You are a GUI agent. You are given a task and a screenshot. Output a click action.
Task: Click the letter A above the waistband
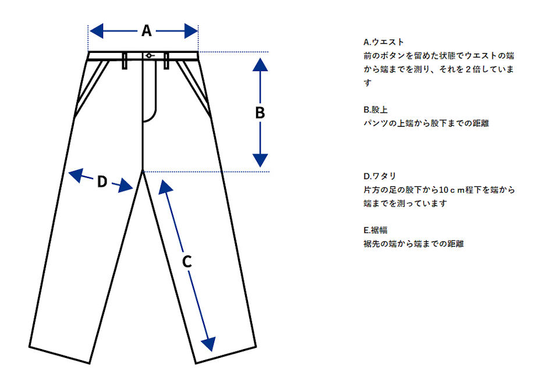[147, 31]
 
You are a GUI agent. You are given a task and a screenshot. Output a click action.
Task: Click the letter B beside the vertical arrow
[260, 113]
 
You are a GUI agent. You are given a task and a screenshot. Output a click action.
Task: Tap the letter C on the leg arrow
[187, 262]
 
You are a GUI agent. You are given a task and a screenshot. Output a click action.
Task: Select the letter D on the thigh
[102, 182]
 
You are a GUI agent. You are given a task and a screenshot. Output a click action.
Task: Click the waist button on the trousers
[149, 55]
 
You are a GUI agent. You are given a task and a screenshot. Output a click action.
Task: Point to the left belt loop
[125, 61]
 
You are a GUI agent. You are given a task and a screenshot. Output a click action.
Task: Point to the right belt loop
[166, 61]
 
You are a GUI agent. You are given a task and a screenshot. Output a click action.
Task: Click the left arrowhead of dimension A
[97, 31]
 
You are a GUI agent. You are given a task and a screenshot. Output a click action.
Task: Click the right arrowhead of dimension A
[191, 31]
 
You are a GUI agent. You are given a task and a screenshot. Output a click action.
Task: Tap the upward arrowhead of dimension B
[260, 65]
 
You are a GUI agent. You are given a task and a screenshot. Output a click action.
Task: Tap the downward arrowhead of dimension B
[260, 161]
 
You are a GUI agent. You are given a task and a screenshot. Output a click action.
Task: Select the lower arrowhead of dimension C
[209, 344]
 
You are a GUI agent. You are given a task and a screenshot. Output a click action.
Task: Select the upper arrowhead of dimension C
[165, 187]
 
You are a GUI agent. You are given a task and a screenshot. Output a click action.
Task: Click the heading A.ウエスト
[384, 42]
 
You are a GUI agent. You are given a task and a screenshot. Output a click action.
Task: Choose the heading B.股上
[375, 109]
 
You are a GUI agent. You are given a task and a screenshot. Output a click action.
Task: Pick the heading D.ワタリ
[380, 176]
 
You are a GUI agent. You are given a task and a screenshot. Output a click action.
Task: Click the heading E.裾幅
[375, 230]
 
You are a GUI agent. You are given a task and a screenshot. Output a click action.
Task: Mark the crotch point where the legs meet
[143, 171]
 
